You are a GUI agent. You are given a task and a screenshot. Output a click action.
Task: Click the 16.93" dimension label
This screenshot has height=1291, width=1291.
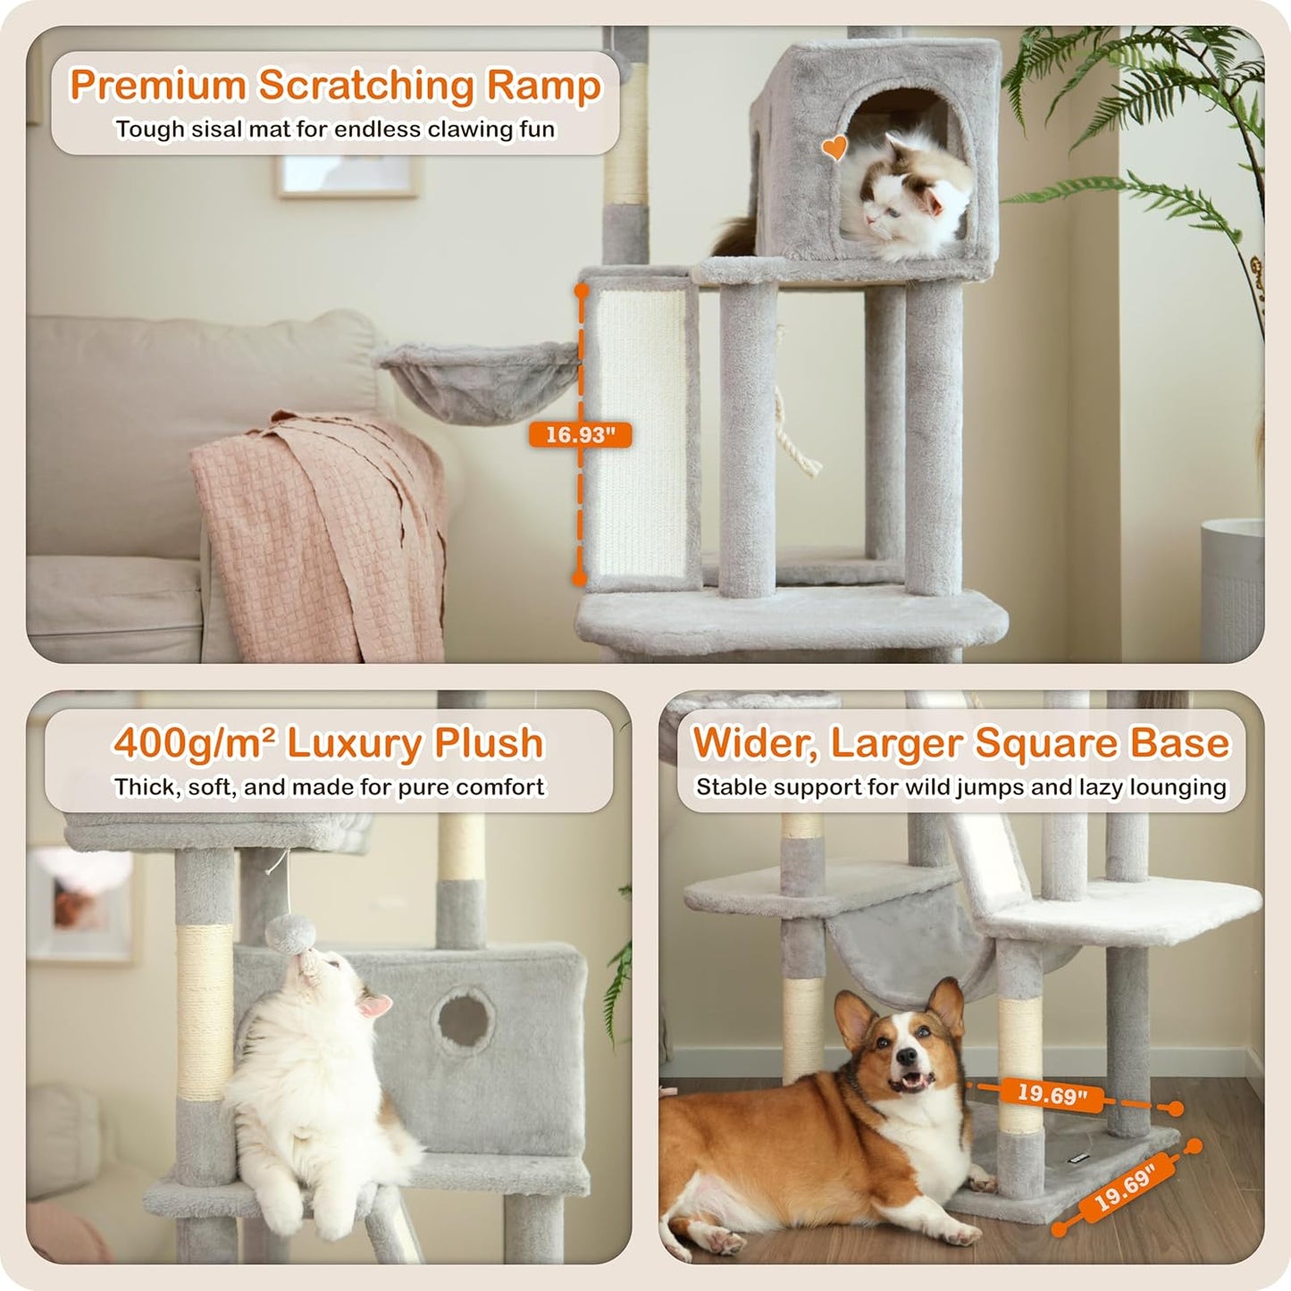[580, 435]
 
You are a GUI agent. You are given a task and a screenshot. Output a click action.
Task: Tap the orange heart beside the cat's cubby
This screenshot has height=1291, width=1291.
[834, 147]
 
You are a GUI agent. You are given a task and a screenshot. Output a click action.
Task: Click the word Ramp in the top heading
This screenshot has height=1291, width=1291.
[544, 86]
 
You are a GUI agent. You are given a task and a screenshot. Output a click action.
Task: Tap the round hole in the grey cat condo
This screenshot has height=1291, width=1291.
[464, 1018]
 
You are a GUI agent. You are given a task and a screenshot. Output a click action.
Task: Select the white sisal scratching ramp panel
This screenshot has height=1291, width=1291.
[641, 433]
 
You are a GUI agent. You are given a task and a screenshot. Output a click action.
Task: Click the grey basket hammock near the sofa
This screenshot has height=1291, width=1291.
[479, 380]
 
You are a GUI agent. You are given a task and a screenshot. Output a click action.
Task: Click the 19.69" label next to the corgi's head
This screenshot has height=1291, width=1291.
[1052, 1094]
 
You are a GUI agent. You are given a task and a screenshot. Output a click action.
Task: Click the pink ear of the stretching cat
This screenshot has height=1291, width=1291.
[374, 1008]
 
